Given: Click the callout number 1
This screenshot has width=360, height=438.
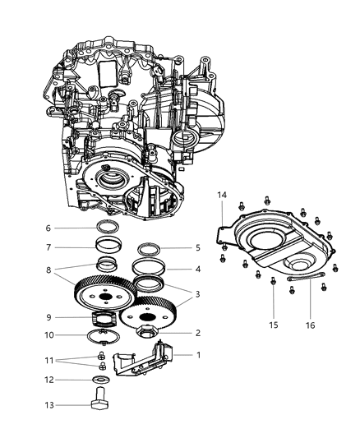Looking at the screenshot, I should tap(197, 354).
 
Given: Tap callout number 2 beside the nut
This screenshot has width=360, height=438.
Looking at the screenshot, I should tap(197, 332).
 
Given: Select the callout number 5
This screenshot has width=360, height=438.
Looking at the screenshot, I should tap(197, 247).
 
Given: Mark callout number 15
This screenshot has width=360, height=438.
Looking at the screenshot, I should tap(274, 325).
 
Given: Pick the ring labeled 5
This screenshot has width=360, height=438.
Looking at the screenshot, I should tap(151, 247).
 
